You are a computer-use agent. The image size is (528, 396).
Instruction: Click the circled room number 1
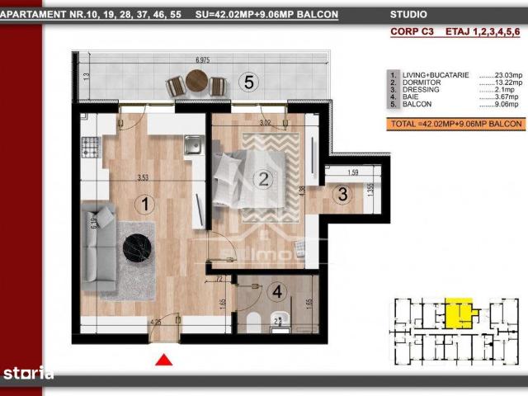point(144,202)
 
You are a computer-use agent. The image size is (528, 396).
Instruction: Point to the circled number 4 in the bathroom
point(278,290)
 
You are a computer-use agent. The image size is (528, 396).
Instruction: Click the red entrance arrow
point(164,359)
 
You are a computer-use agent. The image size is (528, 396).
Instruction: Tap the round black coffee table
point(137,245)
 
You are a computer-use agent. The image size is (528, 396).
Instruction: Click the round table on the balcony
point(197,81)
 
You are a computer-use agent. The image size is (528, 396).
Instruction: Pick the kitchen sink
point(193,146)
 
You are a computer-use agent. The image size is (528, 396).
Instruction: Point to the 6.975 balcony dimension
point(208,60)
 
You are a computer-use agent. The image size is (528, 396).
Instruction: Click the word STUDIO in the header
point(410,14)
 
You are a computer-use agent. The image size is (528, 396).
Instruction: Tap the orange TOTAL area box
point(455,124)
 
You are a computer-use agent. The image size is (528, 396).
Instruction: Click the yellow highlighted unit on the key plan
point(458,312)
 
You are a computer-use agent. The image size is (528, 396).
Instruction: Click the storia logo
point(28,374)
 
